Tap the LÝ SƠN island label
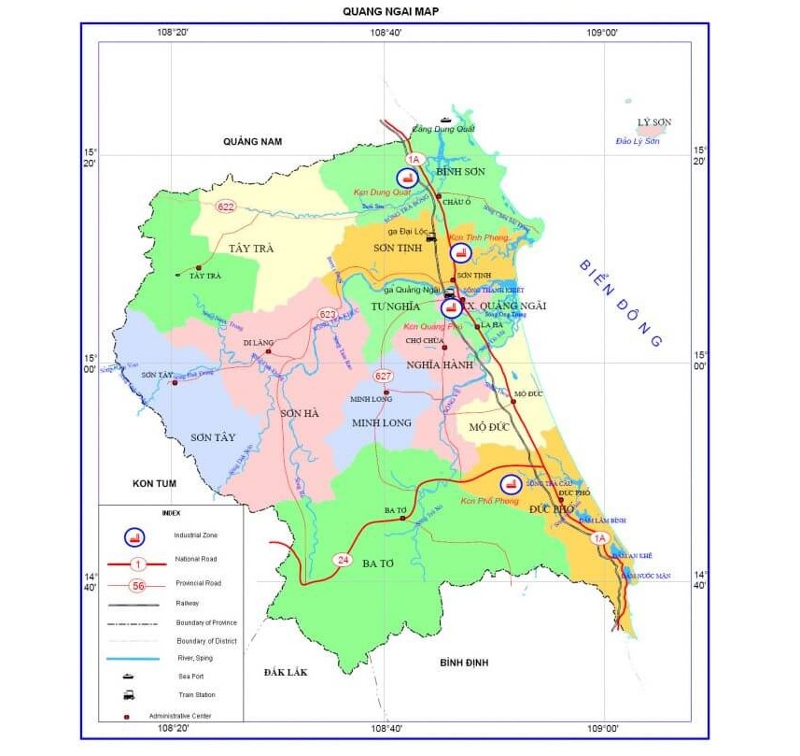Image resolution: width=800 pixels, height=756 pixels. pos(654,123)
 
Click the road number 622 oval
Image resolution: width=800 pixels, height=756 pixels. pos(225,207)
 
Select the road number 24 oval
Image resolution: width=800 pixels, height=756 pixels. pos(343,559)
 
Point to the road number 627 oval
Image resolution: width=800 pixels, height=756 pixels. pos(383,376)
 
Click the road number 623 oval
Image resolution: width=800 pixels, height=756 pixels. pos(327,314)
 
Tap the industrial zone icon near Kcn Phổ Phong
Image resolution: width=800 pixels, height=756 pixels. pos(510,484)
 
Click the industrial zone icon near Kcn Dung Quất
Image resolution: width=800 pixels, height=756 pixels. pos(405,178)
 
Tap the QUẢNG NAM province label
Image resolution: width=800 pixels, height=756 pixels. pos(252,141)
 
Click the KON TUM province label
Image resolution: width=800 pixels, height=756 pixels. pos(155,482)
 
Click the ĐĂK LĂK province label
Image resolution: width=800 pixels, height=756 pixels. pos(286,672)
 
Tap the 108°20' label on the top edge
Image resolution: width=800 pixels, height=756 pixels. pos(174,33)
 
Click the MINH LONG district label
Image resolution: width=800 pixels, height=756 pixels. pos(382,423)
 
